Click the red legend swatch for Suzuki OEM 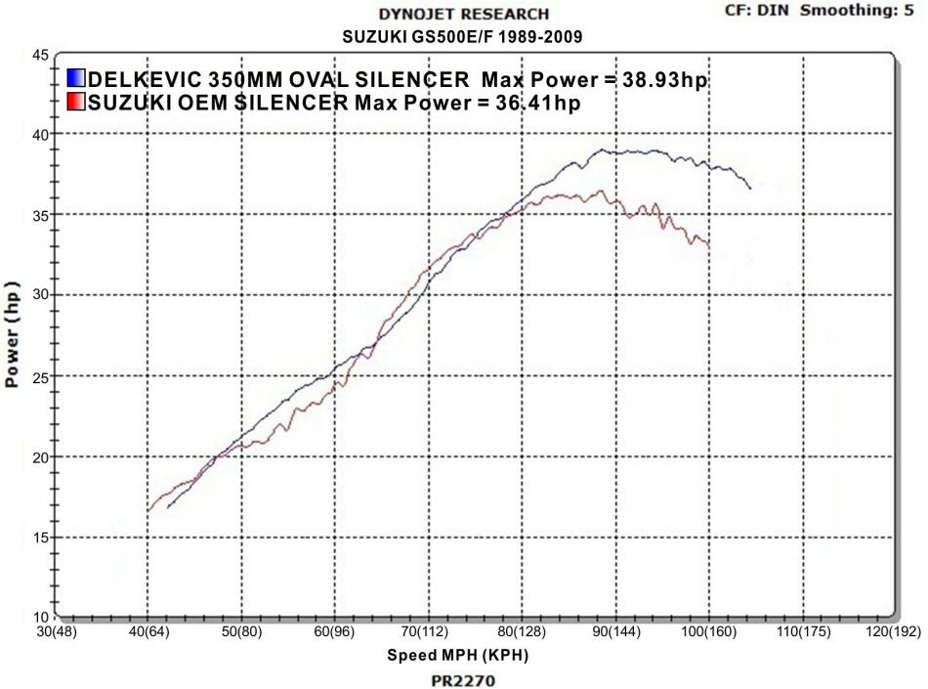[77, 102]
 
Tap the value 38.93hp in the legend [665, 80]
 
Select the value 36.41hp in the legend [539, 103]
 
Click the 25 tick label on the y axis [41, 375]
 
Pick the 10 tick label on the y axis [41, 618]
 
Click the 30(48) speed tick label [56, 632]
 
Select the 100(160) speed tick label [707, 632]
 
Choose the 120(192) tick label [893, 632]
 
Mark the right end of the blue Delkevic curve [750, 188]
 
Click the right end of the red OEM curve [709, 243]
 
